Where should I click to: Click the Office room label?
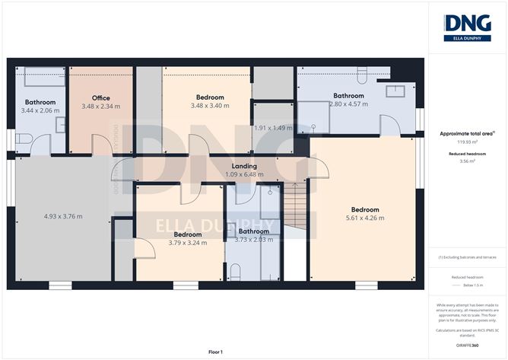(x=101, y=98)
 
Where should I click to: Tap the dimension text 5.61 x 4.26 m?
(x=364, y=218)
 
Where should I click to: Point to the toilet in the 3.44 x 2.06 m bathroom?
(x=23, y=139)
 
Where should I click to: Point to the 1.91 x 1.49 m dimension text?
(x=273, y=128)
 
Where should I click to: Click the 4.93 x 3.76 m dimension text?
(x=63, y=217)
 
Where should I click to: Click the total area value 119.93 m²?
(x=467, y=142)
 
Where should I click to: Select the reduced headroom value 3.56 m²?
(x=467, y=161)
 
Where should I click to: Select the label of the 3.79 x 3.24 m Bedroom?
(x=187, y=234)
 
